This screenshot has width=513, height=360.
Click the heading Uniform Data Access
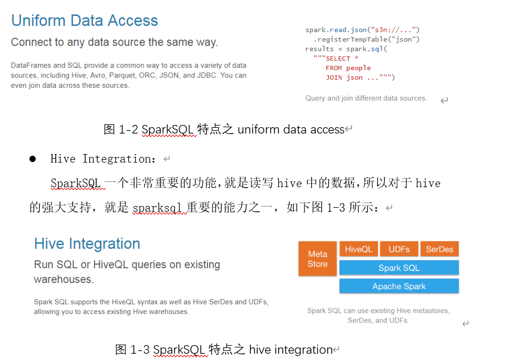point(84,21)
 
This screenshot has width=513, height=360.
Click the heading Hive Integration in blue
point(87,244)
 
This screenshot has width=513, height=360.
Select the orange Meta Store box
point(317,258)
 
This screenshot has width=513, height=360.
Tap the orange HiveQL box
point(359,249)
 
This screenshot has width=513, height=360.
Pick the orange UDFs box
point(399,249)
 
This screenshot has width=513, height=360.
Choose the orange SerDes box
point(439,249)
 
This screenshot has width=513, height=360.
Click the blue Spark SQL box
point(398,268)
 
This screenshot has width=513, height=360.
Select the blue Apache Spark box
point(398,286)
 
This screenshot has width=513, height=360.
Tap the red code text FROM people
point(348,68)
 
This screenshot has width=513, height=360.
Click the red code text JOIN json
point(360,78)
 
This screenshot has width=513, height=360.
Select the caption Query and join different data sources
point(366,98)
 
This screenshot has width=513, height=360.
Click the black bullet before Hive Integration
point(32,159)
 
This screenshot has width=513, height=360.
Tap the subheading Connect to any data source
point(114,42)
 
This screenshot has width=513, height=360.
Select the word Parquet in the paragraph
point(123,75)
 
